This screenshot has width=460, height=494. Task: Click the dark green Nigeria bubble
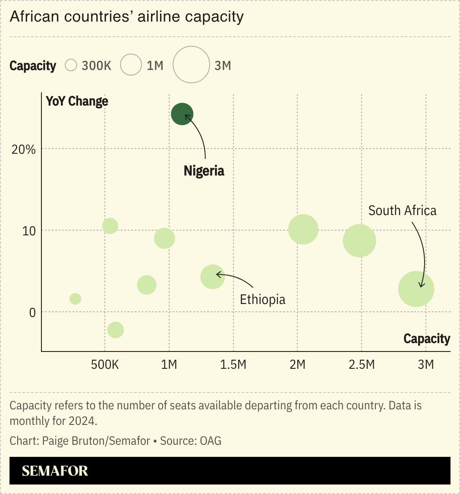[x=182, y=114]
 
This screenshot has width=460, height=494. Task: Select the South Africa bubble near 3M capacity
[x=416, y=289]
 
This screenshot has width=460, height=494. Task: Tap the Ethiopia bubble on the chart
[x=213, y=276]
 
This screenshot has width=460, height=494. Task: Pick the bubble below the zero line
[x=115, y=330]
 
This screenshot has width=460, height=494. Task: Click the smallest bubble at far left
[x=75, y=299]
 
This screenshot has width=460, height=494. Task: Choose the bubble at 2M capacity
[x=303, y=229]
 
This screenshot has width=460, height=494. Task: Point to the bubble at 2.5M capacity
[x=359, y=241]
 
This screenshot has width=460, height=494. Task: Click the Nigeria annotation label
[x=204, y=171]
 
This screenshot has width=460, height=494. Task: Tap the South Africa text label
[x=402, y=211]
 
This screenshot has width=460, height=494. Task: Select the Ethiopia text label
[x=262, y=299]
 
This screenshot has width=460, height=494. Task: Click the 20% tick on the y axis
[x=23, y=149]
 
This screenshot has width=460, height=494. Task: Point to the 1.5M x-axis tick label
[x=233, y=365]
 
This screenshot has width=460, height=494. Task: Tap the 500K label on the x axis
[x=104, y=365]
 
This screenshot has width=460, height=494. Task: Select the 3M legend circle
[x=191, y=65]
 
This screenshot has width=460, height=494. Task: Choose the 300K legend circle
[x=71, y=65]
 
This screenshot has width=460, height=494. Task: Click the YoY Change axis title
[x=77, y=101]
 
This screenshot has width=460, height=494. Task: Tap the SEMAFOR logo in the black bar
[x=55, y=471]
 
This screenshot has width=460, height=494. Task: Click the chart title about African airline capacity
[x=126, y=17]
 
